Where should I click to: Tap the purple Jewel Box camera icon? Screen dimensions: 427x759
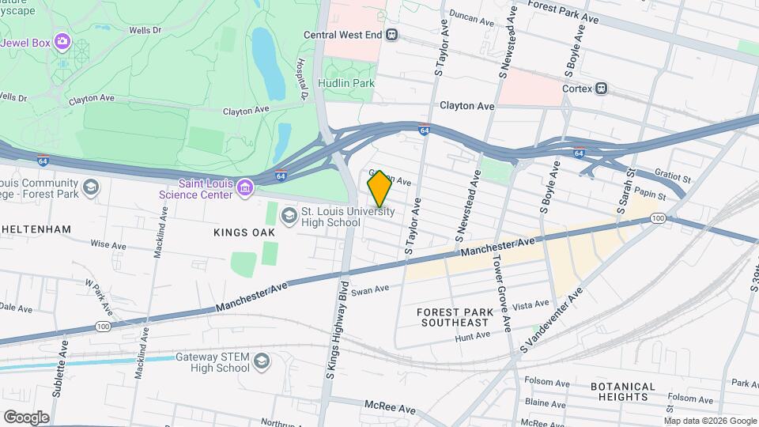point(62,41)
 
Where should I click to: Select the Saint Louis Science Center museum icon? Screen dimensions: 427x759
point(246,187)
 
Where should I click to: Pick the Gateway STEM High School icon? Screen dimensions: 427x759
point(261,362)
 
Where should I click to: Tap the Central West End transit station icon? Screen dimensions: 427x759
point(392,35)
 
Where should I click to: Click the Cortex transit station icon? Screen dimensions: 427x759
point(602,89)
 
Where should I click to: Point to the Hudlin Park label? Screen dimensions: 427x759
point(346,83)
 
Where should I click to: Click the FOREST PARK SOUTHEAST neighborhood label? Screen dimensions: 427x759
point(455,317)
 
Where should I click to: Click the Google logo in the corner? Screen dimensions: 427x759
point(26,417)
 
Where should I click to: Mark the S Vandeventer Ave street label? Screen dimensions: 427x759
point(551,320)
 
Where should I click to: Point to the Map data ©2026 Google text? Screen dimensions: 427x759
point(709,421)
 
